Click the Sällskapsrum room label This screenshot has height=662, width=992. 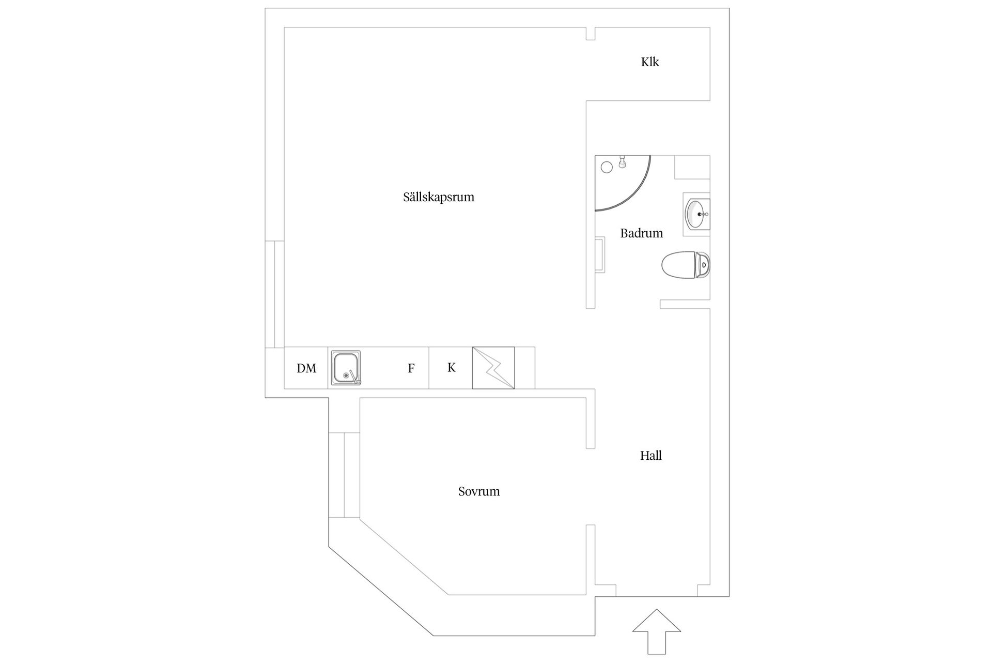(x=439, y=197)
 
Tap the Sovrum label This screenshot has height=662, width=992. (x=479, y=491)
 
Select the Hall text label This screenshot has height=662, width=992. (x=651, y=456)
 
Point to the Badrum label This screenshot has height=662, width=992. (x=642, y=233)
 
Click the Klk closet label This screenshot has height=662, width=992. (x=650, y=62)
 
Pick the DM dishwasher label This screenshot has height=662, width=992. (x=306, y=368)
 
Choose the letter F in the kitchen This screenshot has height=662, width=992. (x=411, y=368)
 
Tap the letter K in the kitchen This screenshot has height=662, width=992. (x=452, y=368)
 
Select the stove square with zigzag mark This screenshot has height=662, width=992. (x=493, y=368)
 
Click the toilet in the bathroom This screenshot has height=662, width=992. (x=686, y=265)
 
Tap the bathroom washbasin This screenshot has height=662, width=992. (x=697, y=214)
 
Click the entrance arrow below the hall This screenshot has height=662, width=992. (x=657, y=631)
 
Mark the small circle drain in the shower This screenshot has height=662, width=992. (x=607, y=167)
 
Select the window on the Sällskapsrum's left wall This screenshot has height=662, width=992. (x=275, y=294)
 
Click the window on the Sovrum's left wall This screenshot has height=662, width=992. (x=344, y=475)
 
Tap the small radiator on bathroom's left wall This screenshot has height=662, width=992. (x=600, y=254)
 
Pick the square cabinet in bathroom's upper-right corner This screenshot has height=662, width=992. (x=692, y=168)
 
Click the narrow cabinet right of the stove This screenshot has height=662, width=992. (x=524, y=368)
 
